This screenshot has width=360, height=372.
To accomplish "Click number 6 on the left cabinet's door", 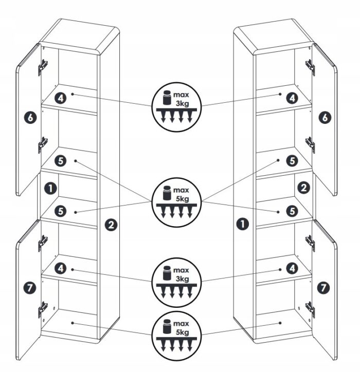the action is [30, 118].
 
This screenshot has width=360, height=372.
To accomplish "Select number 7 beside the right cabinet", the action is [323, 288].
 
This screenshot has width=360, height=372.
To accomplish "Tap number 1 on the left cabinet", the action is [50, 189].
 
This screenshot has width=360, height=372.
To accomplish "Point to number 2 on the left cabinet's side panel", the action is [111, 225].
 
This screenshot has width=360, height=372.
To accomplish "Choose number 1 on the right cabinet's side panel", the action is [243, 224].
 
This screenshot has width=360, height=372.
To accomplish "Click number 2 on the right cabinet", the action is [304, 188].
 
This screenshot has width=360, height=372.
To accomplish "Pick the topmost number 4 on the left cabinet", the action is [61, 98].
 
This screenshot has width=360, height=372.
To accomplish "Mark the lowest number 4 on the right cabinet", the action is [292, 269].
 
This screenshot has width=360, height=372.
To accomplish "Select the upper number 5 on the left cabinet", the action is [61, 161].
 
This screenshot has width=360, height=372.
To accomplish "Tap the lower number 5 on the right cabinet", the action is [292, 211].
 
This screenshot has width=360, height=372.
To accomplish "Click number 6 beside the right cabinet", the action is [325, 118].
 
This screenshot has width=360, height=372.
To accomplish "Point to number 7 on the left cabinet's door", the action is [30, 288].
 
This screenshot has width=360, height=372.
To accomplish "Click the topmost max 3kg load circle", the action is [176, 106].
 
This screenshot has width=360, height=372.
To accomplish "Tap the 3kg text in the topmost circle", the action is [183, 104].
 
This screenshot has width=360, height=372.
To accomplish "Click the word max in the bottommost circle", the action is [181, 324].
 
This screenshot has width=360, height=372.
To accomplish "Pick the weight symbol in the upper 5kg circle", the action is [167, 193].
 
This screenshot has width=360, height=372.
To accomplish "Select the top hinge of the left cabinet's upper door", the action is [43, 67].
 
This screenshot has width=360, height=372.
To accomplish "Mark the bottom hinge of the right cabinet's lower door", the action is [310, 310].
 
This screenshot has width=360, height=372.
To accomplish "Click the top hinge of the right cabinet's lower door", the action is [310, 244].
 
